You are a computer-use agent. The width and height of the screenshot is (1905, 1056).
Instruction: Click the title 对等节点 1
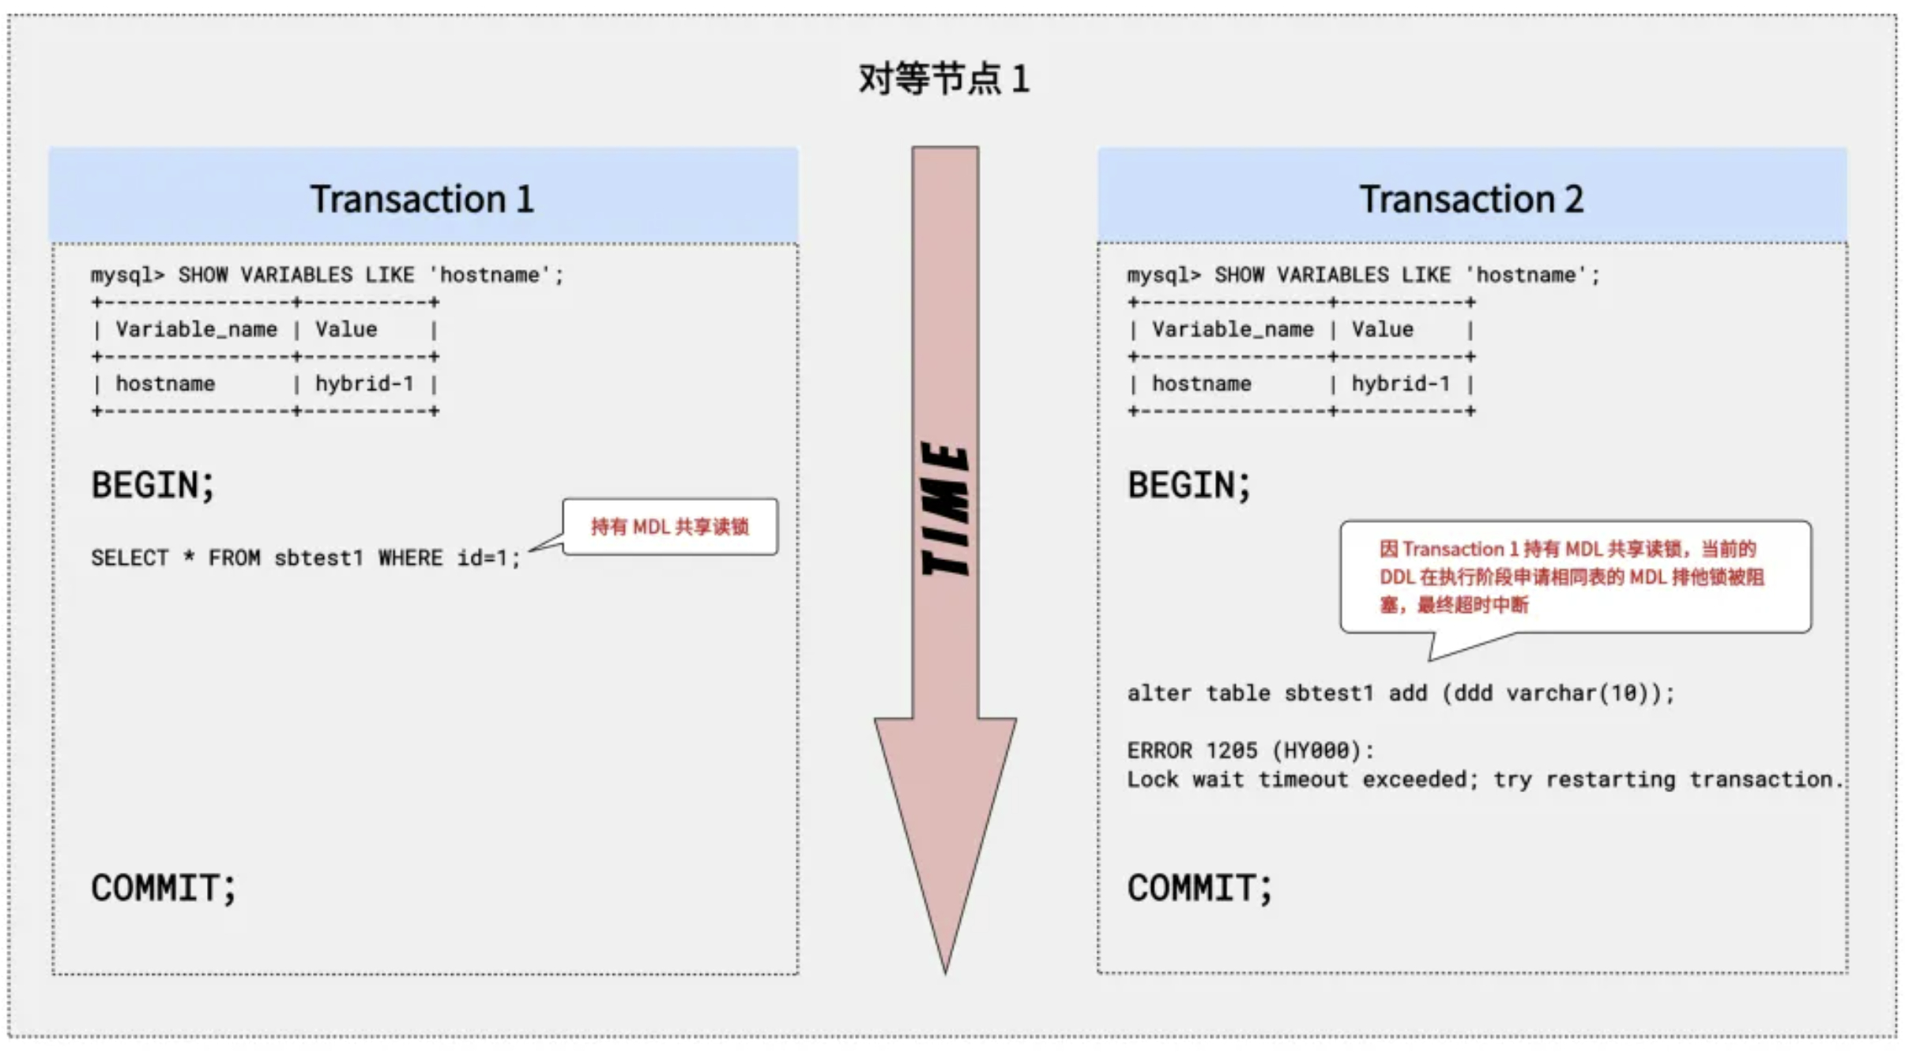tap(943, 79)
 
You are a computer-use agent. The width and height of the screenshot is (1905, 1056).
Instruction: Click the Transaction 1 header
tap(422, 198)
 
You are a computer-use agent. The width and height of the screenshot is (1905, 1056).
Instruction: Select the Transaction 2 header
tap(1471, 198)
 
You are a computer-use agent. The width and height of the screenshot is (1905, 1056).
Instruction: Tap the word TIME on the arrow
tap(946, 509)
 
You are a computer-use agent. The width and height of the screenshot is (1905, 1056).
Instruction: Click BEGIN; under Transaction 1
tap(152, 485)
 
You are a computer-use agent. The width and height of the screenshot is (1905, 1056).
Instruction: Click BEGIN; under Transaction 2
tap(1188, 485)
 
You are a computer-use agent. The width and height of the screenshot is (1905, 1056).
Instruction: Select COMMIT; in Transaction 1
tap(163, 888)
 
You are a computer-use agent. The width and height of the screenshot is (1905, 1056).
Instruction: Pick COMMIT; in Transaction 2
tap(1199, 888)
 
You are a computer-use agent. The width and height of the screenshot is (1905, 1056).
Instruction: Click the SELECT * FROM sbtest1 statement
tap(305, 558)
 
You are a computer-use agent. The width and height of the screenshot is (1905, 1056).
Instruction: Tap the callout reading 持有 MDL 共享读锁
tap(669, 527)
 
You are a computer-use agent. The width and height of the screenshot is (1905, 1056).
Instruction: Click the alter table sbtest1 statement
tap(1400, 693)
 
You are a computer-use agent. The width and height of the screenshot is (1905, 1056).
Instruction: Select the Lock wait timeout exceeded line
tap(1484, 780)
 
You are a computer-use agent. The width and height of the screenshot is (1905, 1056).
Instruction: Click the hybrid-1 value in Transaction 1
tap(364, 384)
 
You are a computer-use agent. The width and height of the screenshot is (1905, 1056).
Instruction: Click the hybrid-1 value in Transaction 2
tap(1400, 384)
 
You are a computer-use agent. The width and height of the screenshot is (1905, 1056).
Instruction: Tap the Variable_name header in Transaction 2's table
tap(1233, 329)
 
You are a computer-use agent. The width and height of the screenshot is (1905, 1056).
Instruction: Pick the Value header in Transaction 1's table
tap(346, 329)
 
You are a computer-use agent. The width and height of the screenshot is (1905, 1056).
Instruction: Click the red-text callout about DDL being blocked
tap(1574, 577)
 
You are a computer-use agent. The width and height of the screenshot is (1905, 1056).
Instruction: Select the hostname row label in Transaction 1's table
tap(165, 384)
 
